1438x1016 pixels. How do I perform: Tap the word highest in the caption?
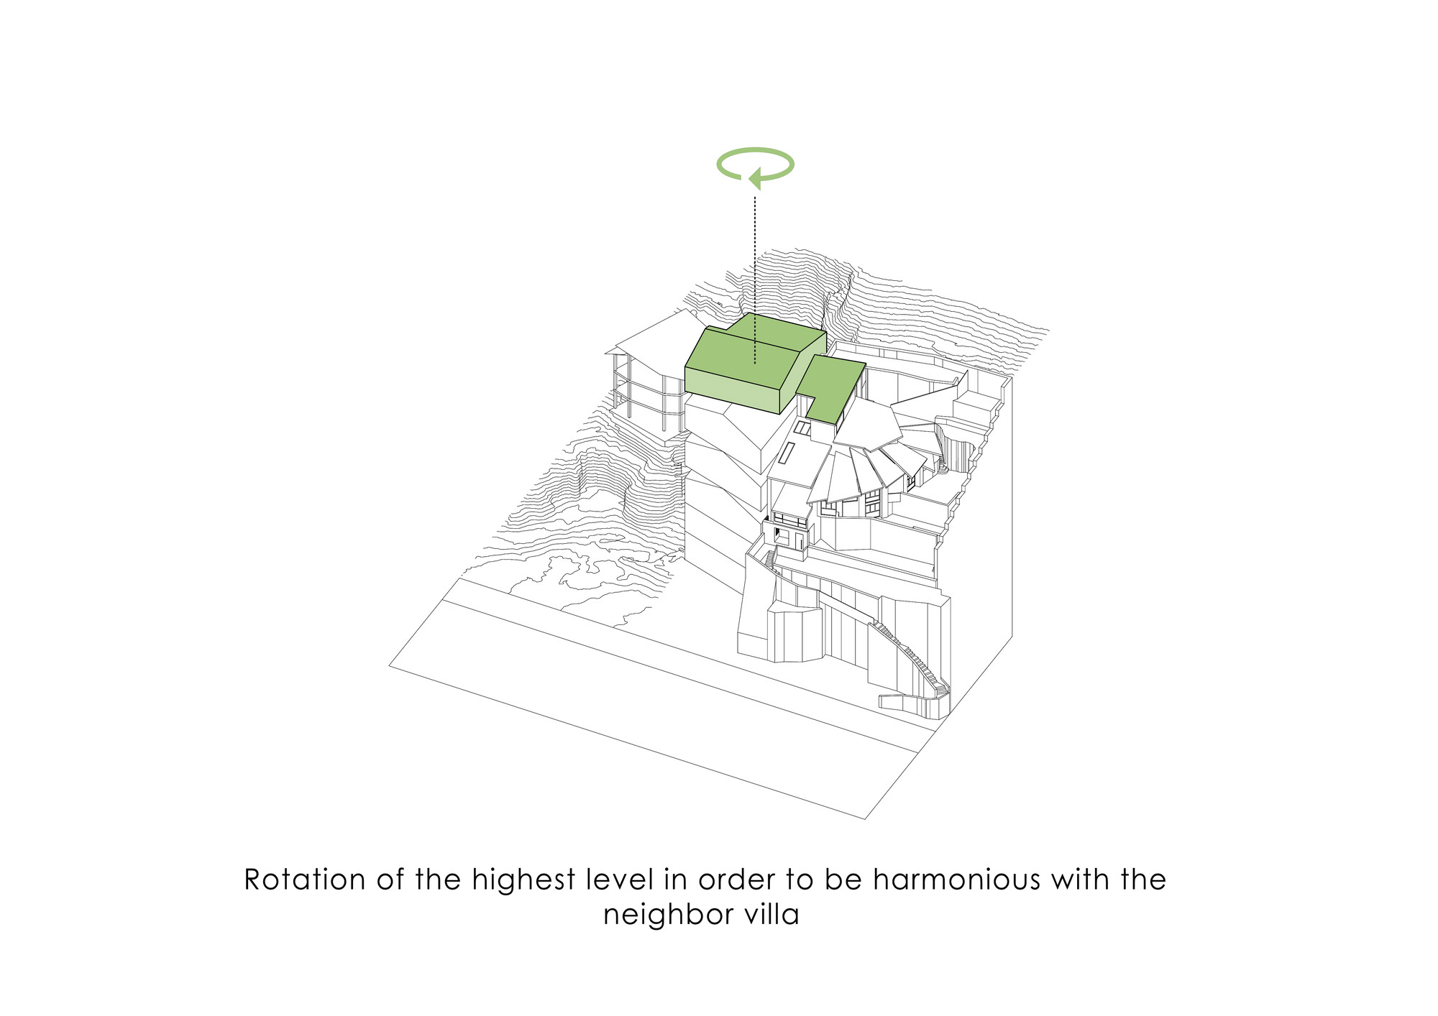[523, 879]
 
